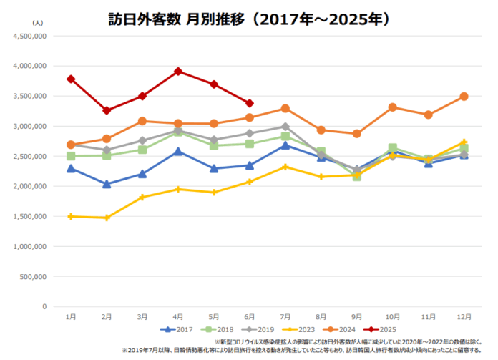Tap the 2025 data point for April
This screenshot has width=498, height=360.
pos(177,72)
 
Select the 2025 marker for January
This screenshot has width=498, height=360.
pos(70,79)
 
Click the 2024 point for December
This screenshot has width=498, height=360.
pos(464,96)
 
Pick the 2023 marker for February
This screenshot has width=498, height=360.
pos(106,218)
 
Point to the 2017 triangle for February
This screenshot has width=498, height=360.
pos(106,184)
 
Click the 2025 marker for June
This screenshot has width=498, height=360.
pos(249,103)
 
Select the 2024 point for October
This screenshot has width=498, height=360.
pos(392,107)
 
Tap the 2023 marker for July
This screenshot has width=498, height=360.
pos(285,167)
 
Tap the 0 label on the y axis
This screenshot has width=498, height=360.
pos(44,306)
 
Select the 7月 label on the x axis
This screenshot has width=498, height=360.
pos(285,316)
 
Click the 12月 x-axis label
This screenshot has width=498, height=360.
pos(464,316)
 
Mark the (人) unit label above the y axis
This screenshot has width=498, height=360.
pos(37,23)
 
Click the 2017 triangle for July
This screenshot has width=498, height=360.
pos(285,145)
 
